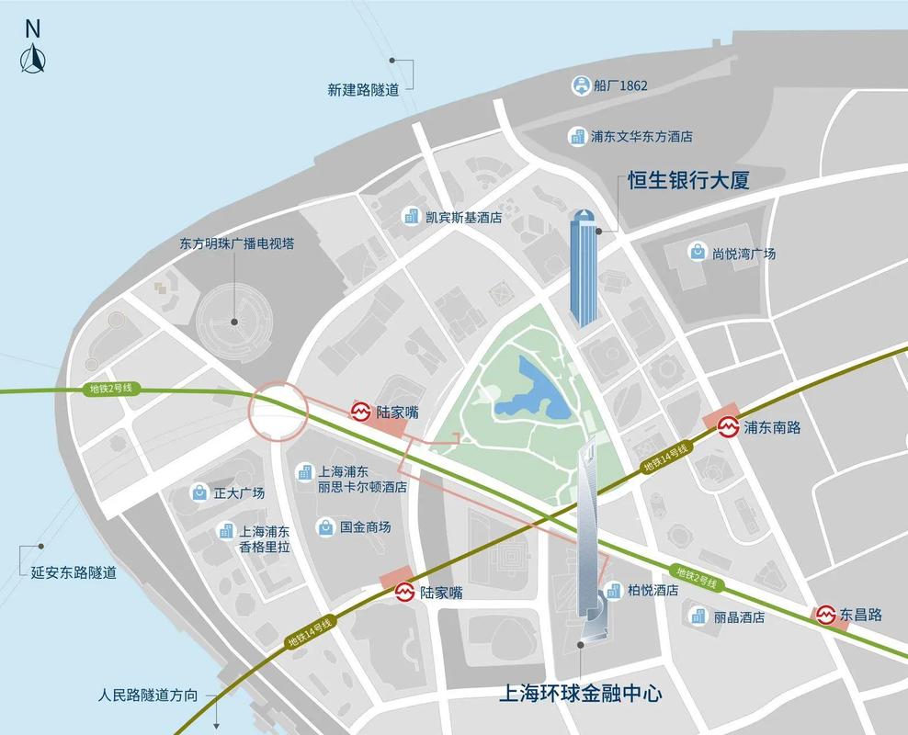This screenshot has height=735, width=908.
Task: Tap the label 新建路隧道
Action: tap(364, 90)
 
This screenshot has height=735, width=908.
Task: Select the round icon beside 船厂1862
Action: tap(580, 86)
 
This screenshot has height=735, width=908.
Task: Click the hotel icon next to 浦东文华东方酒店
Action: tap(578, 137)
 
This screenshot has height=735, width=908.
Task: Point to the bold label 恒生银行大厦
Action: tap(688, 180)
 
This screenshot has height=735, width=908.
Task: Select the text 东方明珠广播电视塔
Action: tap(237, 244)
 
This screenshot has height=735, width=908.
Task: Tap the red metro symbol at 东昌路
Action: tap(824, 615)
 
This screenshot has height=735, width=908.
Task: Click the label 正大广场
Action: tap(239, 493)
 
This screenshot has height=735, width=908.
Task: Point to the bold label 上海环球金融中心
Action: tap(580, 693)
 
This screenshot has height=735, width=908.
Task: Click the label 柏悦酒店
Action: tap(653, 591)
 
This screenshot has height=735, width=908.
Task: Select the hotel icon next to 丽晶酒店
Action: tap(698, 616)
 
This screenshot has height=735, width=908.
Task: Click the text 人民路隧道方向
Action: tap(148, 695)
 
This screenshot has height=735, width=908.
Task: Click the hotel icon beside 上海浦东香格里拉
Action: tap(225, 531)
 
